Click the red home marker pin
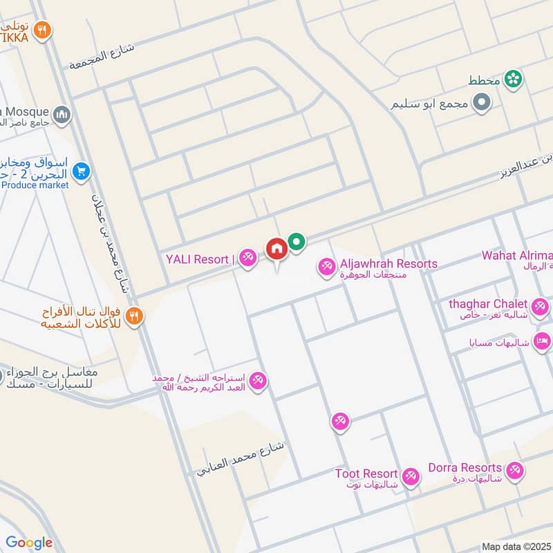(x=276, y=249)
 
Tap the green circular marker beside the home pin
(x=297, y=242)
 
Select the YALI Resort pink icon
(x=249, y=259)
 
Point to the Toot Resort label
(x=366, y=474)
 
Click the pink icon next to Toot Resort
(x=411, y=476)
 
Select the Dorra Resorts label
(x=465, y=468)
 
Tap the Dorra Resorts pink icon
(x=514, y=470)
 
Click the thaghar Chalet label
(x=488, y=304)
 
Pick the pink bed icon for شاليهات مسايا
(x=543, y=340)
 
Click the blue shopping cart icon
(x=82, y=169)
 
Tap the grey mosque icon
(x=62, y=113)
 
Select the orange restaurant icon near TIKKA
(x=43, y=30)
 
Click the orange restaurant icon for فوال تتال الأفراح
(x=135, y=315)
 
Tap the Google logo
(x=29, y=543)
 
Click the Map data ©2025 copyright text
(x=516, y=546)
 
